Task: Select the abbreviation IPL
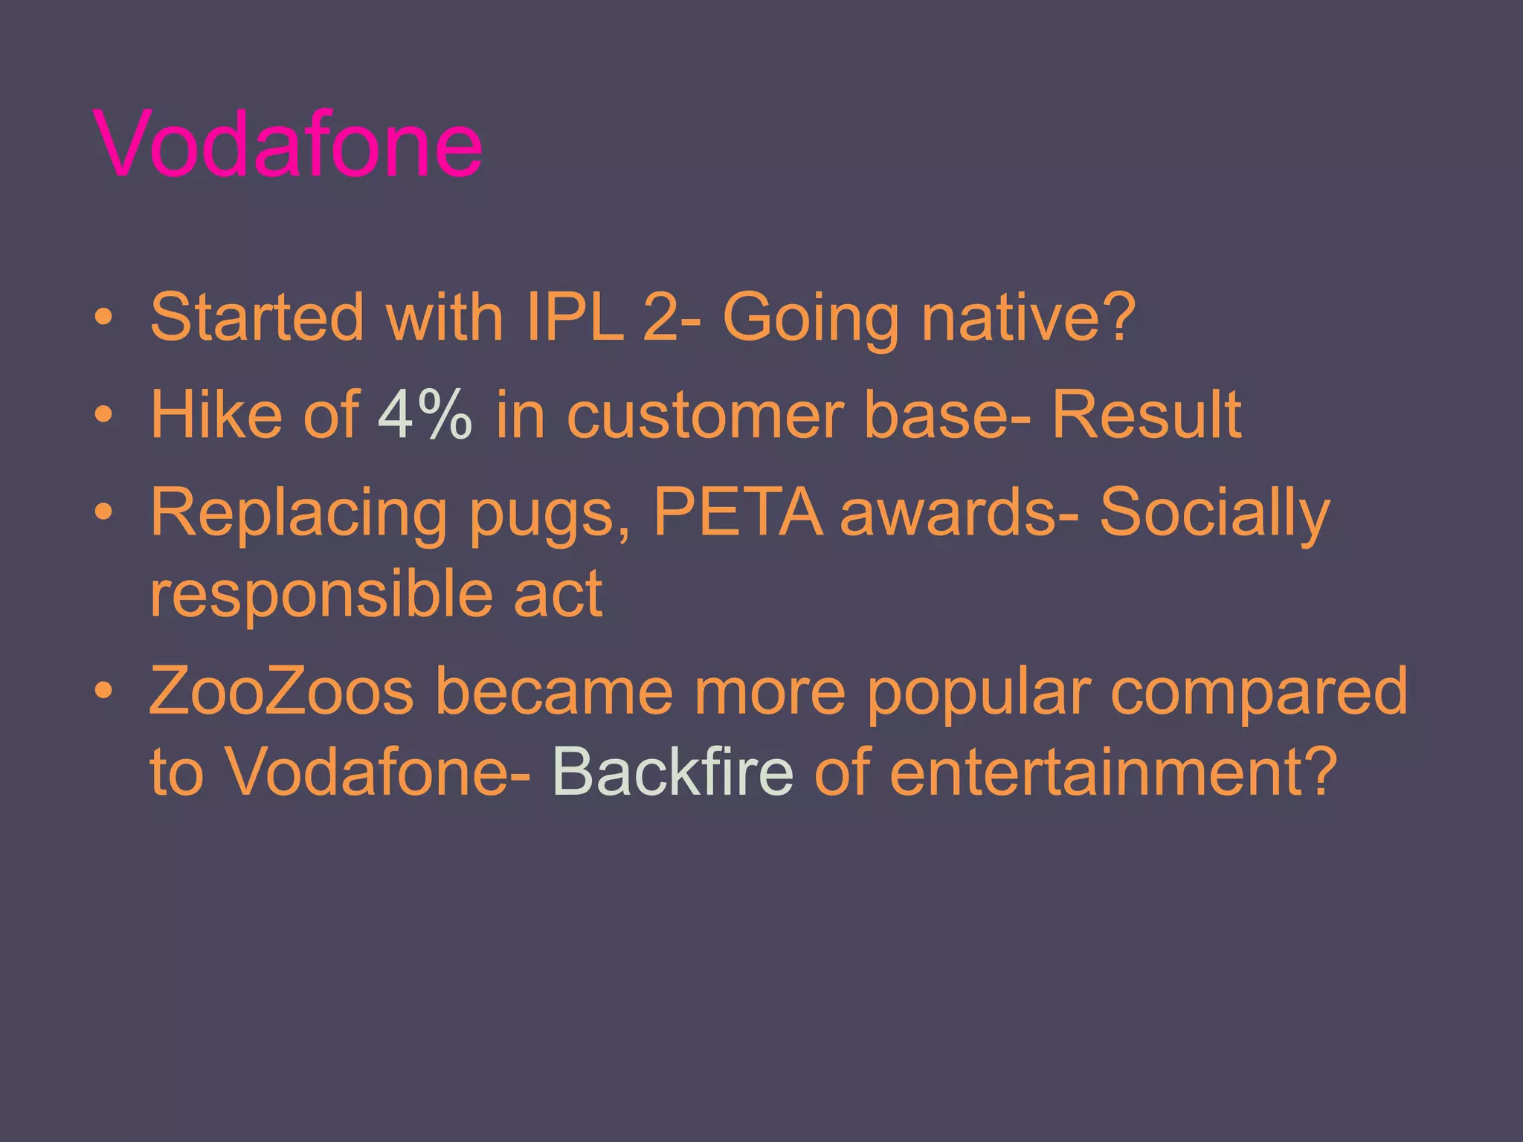click(573, 317)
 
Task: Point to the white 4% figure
click(425, 414)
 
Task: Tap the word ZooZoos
click(281, 691)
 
